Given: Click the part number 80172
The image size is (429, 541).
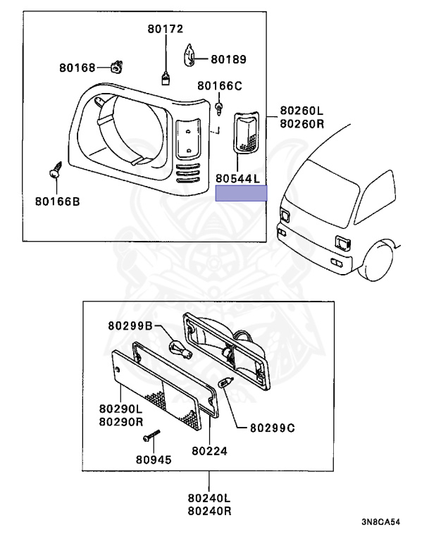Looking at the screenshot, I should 166,29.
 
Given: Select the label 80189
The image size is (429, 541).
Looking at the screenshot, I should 228,60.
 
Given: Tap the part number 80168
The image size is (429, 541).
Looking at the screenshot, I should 77,68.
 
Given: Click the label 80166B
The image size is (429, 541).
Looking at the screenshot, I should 57,201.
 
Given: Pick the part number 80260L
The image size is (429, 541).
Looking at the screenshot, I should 301,111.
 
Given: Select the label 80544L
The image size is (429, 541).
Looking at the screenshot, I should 239,179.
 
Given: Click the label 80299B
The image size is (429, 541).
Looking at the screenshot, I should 130,325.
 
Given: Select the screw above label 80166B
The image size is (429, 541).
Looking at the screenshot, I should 54,171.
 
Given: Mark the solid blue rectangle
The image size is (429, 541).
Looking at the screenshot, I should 242,194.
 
